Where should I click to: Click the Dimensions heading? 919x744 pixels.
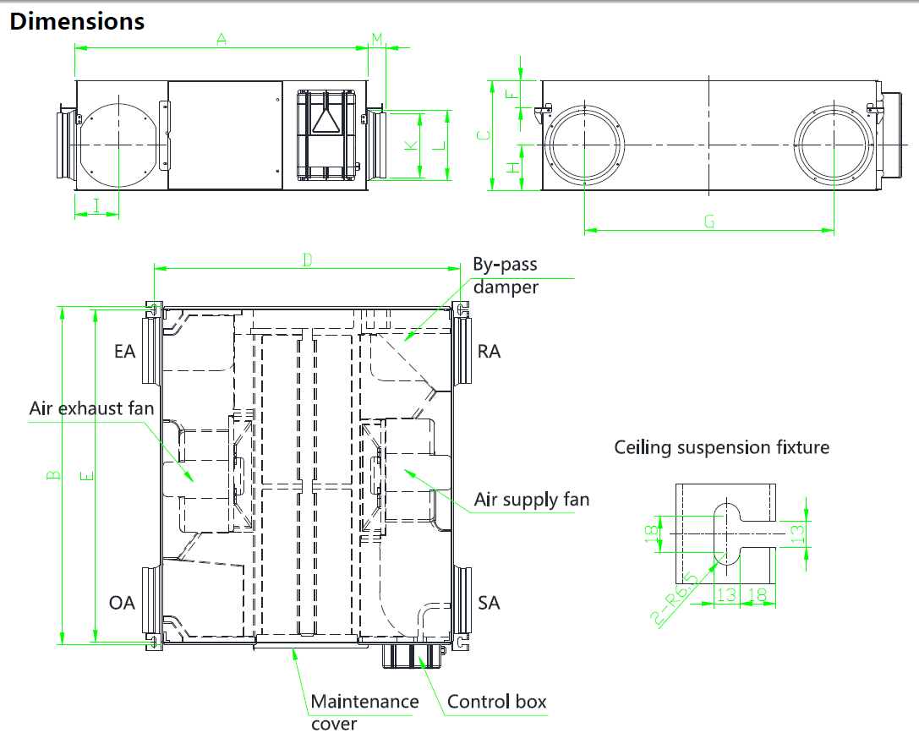pyautogui.click(x=77, y=21)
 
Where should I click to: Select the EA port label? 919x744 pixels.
pyautogui.click(x=125, y=351)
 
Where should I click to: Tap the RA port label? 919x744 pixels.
pyautogui.click(x=490, y=351)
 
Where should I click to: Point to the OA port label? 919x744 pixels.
pyautogui.click(x=123, y=603)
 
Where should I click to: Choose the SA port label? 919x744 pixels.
pyautogui.click(x=489, y=603)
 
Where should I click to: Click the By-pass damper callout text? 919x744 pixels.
pyautogui.click(x=506, y=276)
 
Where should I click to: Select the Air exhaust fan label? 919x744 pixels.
pyautogui.click(x=92, y=409)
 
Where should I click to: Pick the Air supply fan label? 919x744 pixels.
pyautogui.click(x=532, y=500)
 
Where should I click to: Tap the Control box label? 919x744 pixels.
pyautogui.click(x=497, y=702)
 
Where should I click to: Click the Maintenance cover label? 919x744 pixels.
pyautogui.click(x=364, y=712)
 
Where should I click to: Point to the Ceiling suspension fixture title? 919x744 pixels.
pyautogui.click(x=722, y=447)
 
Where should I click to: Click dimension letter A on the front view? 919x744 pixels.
pyautogui.click(x=222, y=39)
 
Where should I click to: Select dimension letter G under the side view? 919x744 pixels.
pyautogui.click(x=709, y=222)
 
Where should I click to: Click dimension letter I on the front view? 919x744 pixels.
pyautogui.click(x=96, y=204)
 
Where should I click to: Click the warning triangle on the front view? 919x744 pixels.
pyautogui.click(x=325, y=123)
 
